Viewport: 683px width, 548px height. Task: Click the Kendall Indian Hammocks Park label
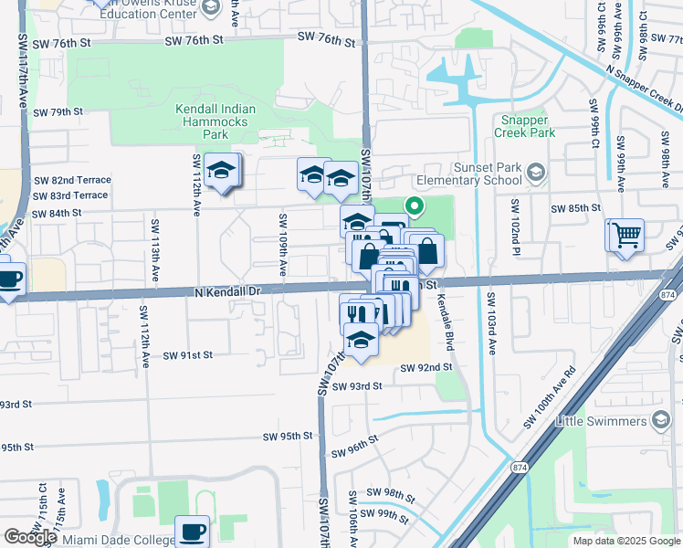215,121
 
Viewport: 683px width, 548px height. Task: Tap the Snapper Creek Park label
525,126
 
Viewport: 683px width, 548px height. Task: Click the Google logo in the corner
30,537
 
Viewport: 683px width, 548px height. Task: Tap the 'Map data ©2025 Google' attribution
626,541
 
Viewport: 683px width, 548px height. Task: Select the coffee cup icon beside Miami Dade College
193,531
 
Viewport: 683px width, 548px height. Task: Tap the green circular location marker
414,207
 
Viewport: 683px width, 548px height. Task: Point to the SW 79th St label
58,111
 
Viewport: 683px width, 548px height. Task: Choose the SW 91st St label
188,354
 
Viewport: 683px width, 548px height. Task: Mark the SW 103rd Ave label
491,323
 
